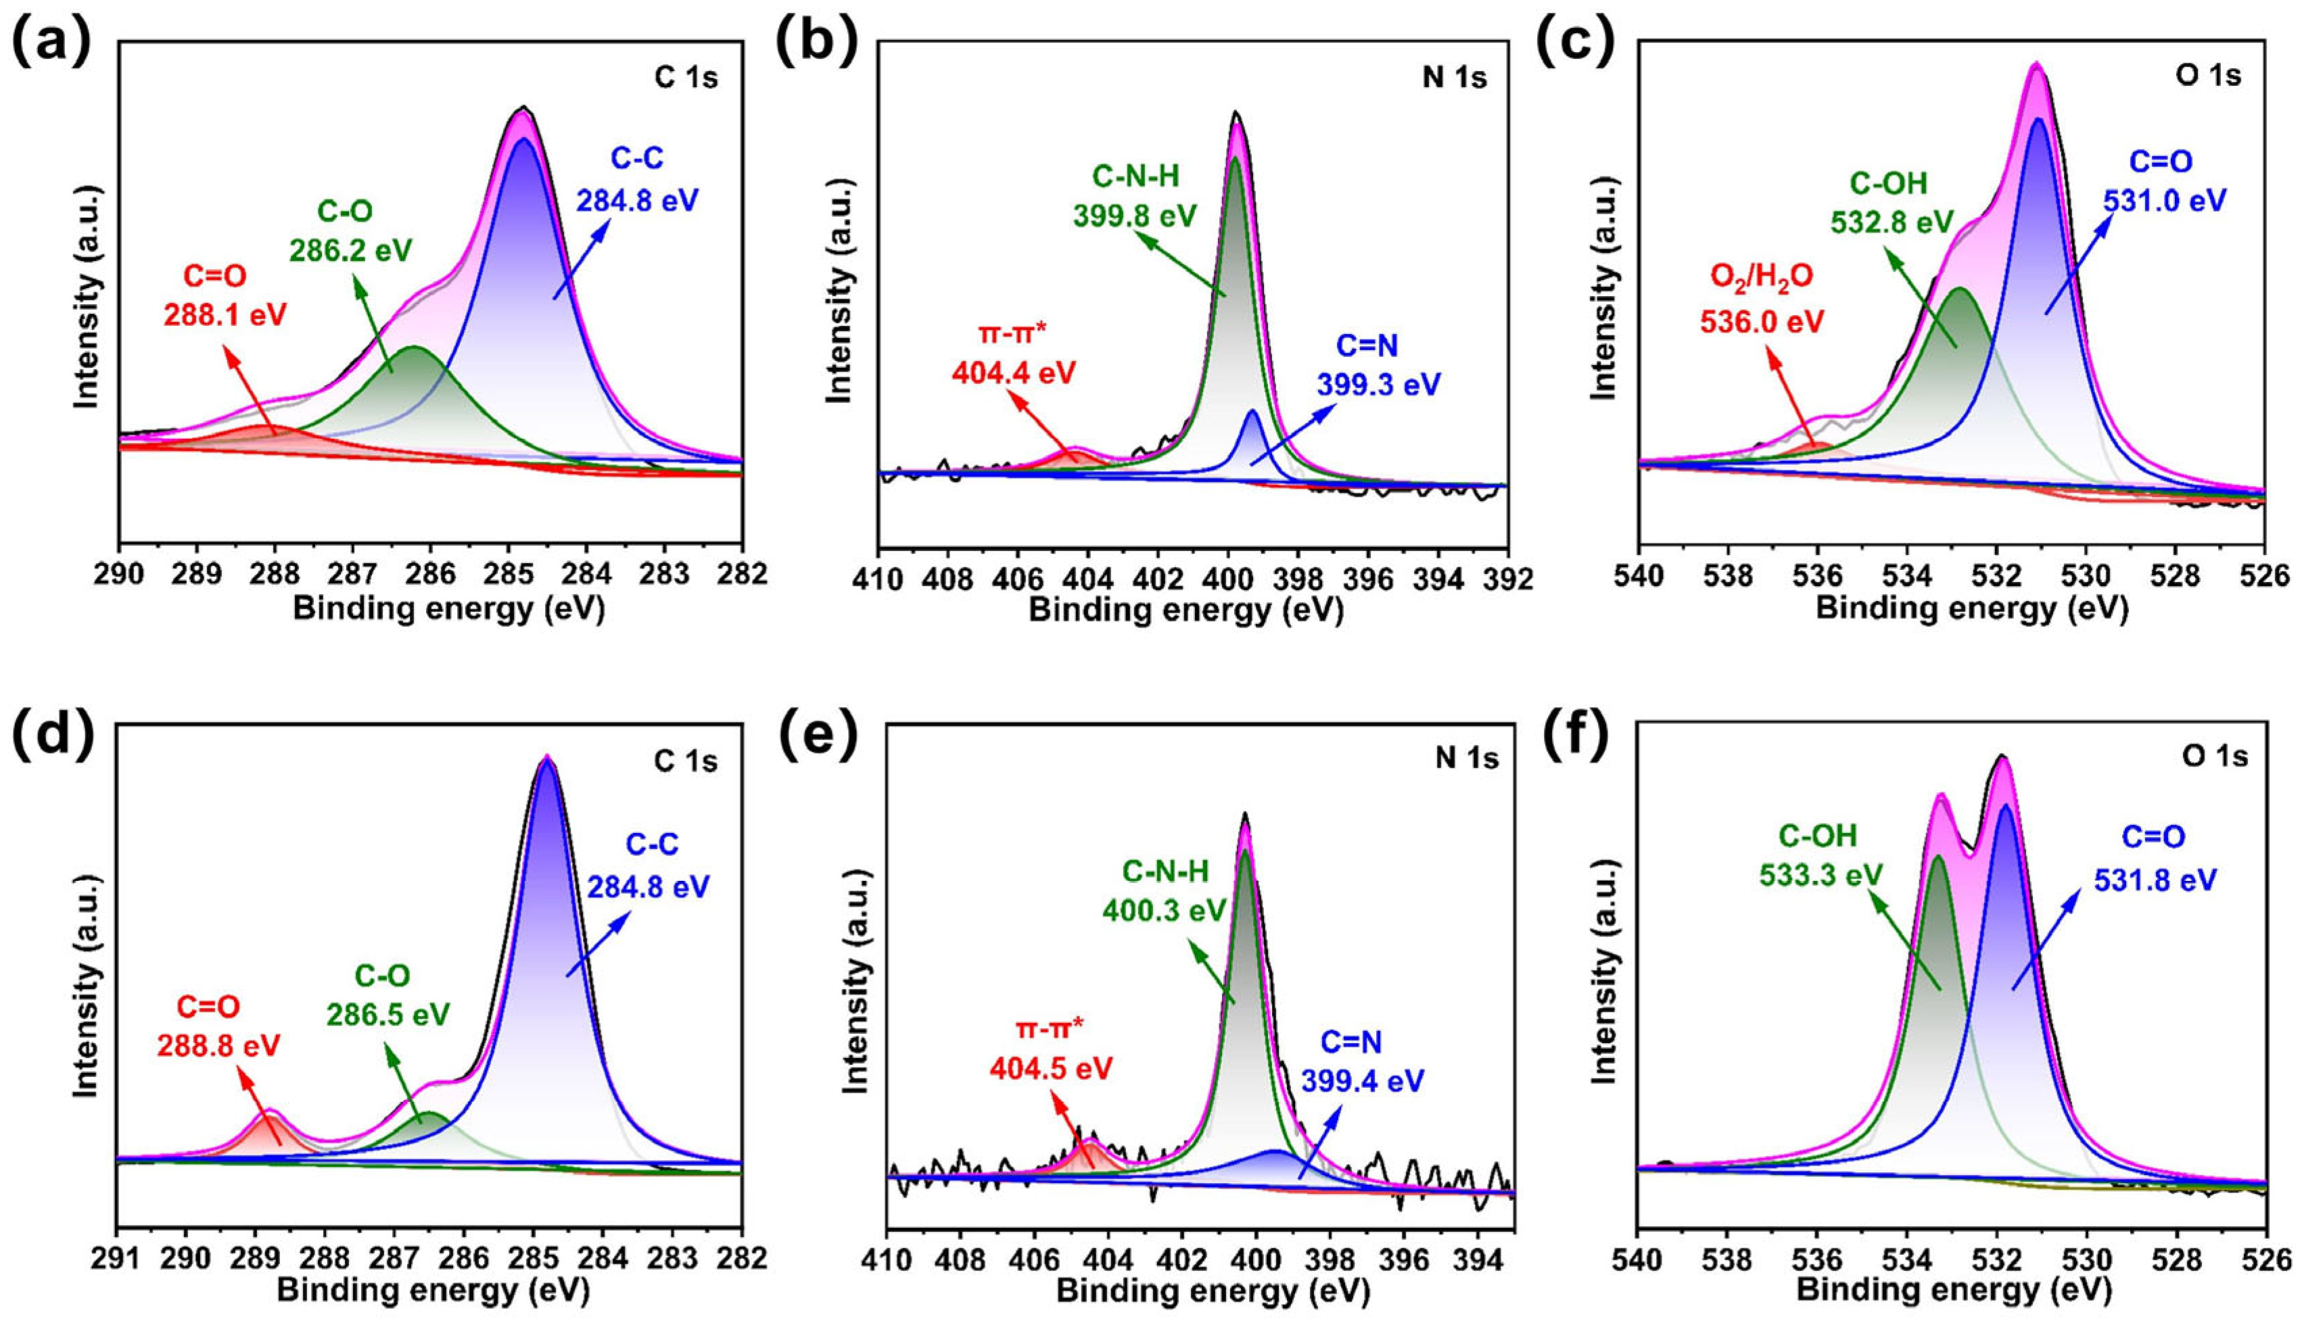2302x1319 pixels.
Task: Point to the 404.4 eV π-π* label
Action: (x=1013, y=373)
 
